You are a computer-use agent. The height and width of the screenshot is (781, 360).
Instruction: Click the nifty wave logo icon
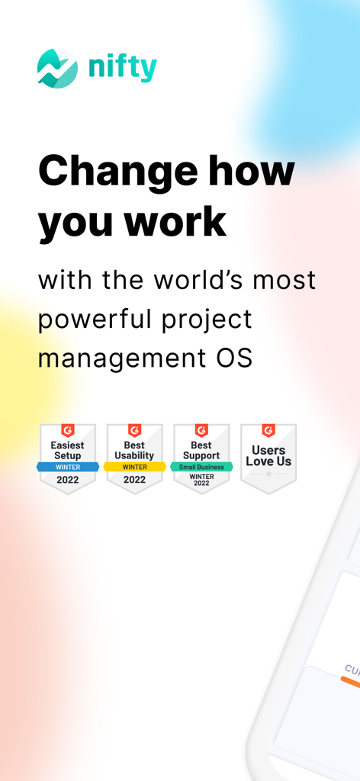pyautogui.click(x=57, y=68)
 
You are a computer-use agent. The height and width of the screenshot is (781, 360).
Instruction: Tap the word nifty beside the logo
pyautogui.click(x=122, y=68)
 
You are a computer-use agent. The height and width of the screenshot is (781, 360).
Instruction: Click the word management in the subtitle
pyautogui.click(x=114, y=358)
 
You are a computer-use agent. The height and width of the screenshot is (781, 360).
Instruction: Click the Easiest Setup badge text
pyautogui.click(x=67, y=450)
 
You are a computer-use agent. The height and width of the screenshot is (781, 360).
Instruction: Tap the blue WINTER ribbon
pyautogui.click(x=67, y=467)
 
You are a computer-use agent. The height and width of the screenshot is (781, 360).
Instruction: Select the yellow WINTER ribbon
pyautogui.click(x=134, y=467)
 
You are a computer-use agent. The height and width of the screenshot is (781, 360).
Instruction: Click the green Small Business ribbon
pyautogui.click(x=201, y=467)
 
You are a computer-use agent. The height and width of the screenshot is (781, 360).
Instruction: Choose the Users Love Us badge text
pyautogui.click(x=268, y=455)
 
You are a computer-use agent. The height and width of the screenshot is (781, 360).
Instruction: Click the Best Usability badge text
pyautogui.click(x=134, y=450)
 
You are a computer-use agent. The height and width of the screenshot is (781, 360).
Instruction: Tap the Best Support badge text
pyautogui.click(x=201, y=450)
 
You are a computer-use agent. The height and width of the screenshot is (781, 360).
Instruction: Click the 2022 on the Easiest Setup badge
pyautogui.click(x=67, y=480)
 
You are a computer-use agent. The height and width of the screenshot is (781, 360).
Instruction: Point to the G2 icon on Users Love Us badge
pyautogui.click(x=268, y=431)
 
